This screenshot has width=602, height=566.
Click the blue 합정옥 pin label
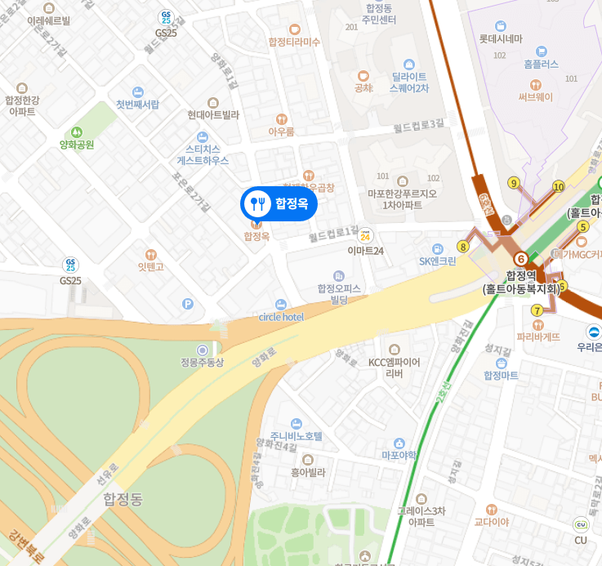pos(279,204)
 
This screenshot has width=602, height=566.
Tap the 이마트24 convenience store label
pos(365,250)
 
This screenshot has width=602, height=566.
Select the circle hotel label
pos(281,316)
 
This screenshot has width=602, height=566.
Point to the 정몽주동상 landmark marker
pos(203,350)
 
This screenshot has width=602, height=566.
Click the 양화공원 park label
pos(77,144)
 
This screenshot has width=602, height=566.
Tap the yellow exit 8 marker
pos(463,246)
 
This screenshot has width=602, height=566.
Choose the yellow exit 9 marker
pos(513,183)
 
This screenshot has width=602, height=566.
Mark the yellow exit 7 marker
pos(537,310)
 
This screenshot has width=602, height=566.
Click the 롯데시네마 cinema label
pos(501,38)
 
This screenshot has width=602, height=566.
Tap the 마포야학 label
pos(399,454)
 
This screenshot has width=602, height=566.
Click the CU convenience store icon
pos(581,524)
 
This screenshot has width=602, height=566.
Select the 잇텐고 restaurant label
pos(150,265)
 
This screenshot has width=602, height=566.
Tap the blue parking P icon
pos(189,304)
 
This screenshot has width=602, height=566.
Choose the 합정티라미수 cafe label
pos(294,41)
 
